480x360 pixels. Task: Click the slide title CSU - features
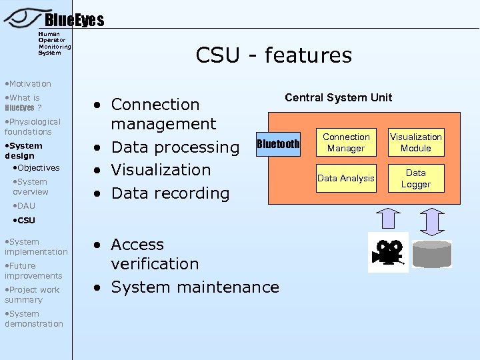tap(273, 55)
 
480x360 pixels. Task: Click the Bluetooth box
tap(278, 144)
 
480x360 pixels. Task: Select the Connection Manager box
tap(346, 142)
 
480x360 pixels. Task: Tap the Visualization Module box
tap(415, 142)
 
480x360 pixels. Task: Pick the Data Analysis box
tap(346, 178)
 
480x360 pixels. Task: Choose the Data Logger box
tap(415, 178)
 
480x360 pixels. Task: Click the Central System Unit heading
tap(338, 97)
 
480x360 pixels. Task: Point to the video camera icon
tap(388, 252)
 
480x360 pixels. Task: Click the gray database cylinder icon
tap(431, 254)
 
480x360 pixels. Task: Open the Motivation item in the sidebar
tap(27, 83)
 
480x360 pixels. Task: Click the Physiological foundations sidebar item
tap(32, 127)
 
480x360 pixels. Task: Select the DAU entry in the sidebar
tap(26, 205)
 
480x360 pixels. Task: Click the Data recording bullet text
tap(170, 193)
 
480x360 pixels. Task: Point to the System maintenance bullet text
tap(195, 287)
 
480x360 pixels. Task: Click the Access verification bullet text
tap(155, 254)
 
